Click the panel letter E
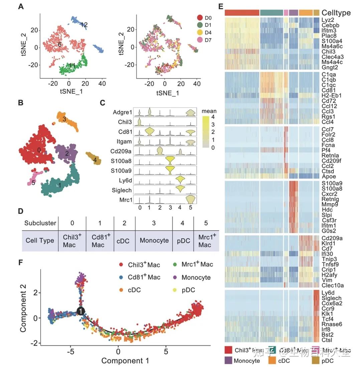pos(220,6)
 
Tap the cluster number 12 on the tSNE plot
pos(84,25)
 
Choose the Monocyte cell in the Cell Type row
pos(154,240)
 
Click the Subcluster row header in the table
pos(40,223)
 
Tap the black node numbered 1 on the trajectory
pos(80,311)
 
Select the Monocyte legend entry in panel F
pos(196,277)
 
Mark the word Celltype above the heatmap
pos(336,13)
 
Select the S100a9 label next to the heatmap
pos(331,183)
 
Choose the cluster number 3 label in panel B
pos(64,119)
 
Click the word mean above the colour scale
pos(209,111)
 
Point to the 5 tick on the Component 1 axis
pos(166,352)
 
